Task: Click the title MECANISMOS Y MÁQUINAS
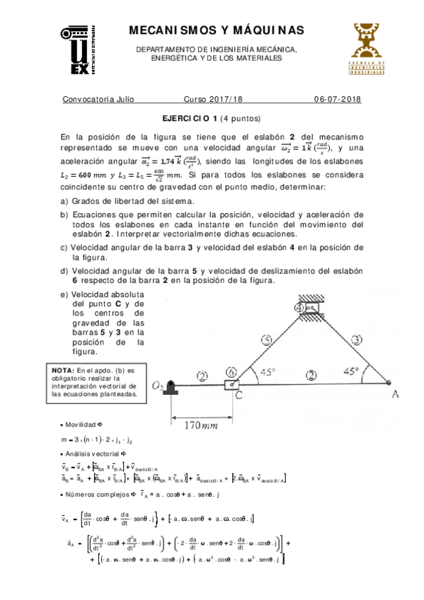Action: (x=217, y=30)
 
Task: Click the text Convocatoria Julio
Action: (x=98, y=100)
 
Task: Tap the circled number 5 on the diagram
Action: (x=266, y=340)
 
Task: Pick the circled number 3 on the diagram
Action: (x=356, y=341)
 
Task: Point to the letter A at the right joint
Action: (x=395, y=394)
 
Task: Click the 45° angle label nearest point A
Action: (x=352, y=370)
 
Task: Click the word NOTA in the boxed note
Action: (x=63, y=370)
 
